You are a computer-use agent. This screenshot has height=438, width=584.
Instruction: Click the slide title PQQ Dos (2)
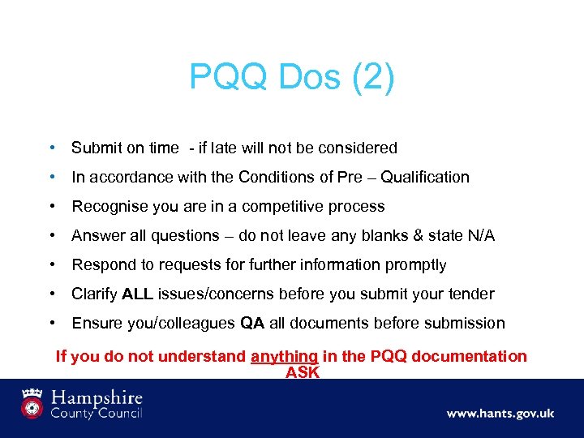coord(292,78)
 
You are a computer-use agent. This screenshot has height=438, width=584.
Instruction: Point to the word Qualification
coord(425,177)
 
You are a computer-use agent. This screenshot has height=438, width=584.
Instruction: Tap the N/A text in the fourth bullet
coord(479,235)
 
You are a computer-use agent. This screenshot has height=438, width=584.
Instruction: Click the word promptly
coord(417,264)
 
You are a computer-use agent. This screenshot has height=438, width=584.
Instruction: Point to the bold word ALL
coord(136,294)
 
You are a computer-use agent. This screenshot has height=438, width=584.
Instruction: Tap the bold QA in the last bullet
coord(252,323)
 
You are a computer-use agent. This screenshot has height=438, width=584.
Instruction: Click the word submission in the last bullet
coord(466,323)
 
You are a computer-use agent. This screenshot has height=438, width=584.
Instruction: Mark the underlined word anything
coord(284,356)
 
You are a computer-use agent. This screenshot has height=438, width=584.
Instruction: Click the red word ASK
coord(303,372)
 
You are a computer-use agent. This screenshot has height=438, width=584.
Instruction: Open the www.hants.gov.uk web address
coord(500,413)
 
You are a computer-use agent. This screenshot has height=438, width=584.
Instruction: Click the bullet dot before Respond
coord(52,264)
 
